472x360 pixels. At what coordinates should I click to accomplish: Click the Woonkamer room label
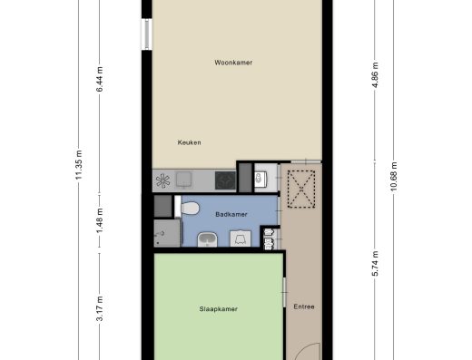pyautogui.click(x=233, y=63)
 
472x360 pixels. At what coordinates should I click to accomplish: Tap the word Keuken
pyautogui.click(x=189, y=142)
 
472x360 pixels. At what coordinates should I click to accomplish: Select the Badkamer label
pyautogui.click(x=231, y=214)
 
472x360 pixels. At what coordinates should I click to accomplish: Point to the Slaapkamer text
pyautogui.click(x=218, y=309)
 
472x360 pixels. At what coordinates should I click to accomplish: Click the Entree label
pyautogui.click(x=304, y=306)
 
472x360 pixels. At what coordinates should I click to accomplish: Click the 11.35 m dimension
pyautogui.click(x=79, y=165)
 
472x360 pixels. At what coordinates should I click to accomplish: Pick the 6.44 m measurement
pyautogui.click(x=100, y=79)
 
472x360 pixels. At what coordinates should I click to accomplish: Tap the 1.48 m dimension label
pyautogui.click(x=100, y=220)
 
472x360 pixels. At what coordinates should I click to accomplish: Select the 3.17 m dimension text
pyautogui.click(x=100, y=308)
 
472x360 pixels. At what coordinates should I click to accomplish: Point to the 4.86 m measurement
pyautogui.click(x=375, y=75)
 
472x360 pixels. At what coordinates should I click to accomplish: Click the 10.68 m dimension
pyautogui.click(x=394, y=177)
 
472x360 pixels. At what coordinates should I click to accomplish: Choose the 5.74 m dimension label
pyautogui.click(x=375, y=264)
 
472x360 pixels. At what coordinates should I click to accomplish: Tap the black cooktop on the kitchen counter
pyautogui.click(x=225, y=180)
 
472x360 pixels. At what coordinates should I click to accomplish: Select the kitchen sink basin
pyautogui.click(x=184, y=180)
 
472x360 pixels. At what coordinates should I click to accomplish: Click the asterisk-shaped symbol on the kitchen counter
pyautogui.click(x=162, y=180)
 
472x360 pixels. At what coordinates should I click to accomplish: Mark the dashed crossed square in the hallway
pyautogui.click(x=301, y=190)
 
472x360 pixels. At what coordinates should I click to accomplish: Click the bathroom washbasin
pyautogui.click(x=207, y=239)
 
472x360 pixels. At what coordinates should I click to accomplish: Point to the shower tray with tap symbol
pyautogui.click(x=167, y=233)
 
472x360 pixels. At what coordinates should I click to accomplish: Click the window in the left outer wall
pyautogui.click(x=147, y=34)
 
